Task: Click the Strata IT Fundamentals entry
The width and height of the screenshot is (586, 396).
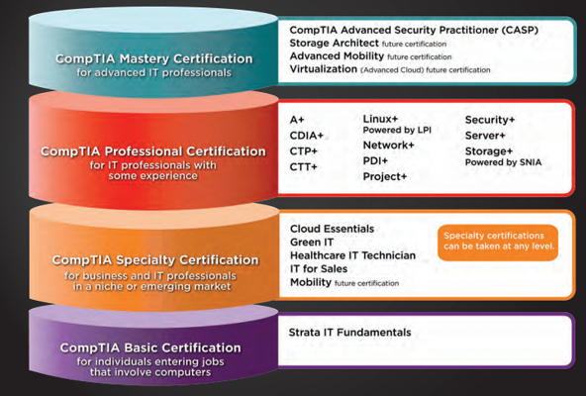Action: (350, 333)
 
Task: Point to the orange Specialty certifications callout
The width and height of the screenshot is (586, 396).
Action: (498, 241)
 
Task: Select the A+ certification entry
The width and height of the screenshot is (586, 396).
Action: (297, 120)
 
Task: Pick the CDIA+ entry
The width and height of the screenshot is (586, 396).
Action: (305, 136)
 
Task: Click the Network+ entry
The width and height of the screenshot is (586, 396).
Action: (389, 145)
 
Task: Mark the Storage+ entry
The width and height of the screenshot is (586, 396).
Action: (491, 151)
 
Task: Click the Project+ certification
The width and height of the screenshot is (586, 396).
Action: (385, 176)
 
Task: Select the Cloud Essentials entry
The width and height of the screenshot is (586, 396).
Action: (333, 228)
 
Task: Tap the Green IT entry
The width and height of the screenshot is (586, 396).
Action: (314, 242)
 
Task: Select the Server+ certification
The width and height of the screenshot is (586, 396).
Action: (486, 136)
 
